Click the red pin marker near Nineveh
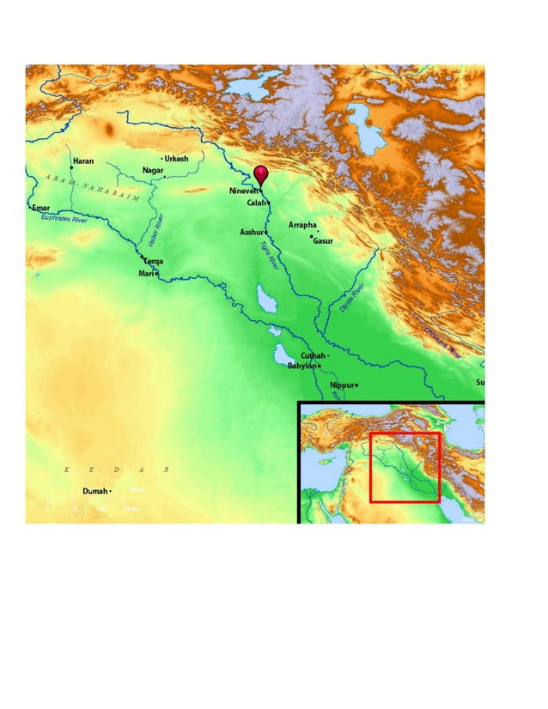261,174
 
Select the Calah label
257,203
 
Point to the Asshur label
252,233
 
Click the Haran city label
83,161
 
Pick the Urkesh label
176,159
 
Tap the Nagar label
153,170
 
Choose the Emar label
40,208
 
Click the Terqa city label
154,261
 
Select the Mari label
145,274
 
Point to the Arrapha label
302,225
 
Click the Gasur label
323,241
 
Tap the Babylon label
302,366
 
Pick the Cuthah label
313,355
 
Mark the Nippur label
342,385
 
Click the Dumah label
94,491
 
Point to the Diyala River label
351,299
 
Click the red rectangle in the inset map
405,468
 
